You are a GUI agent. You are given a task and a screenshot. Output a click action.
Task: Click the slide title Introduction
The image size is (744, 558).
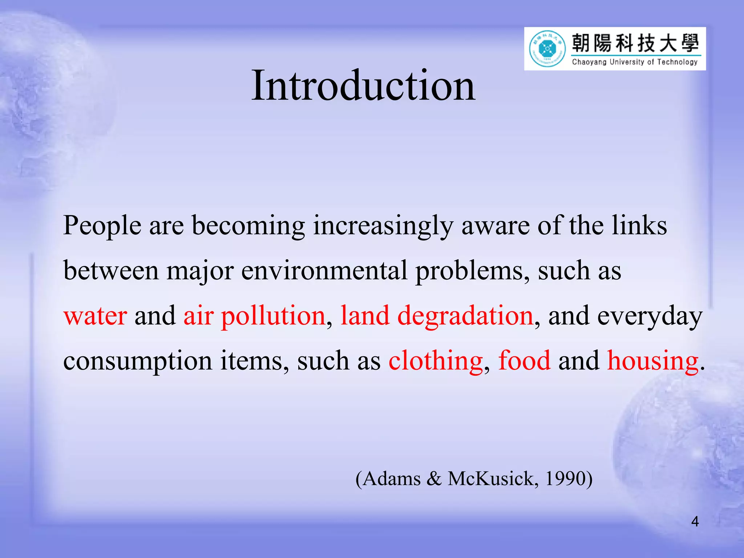363,86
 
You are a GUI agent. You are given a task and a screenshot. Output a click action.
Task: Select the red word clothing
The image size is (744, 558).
435,361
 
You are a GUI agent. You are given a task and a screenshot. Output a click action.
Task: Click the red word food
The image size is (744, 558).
524,361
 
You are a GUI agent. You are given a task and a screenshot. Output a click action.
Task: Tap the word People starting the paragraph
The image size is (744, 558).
102,226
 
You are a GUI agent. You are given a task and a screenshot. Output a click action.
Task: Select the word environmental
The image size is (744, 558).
324,271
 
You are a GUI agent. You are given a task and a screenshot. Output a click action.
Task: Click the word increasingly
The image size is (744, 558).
383,226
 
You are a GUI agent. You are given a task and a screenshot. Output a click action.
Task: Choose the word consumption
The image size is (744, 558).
138,361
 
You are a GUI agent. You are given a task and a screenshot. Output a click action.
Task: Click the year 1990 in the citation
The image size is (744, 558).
565,478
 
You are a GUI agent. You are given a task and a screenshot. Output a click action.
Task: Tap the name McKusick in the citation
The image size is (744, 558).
490,478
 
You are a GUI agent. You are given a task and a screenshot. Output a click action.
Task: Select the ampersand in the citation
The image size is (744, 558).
434,478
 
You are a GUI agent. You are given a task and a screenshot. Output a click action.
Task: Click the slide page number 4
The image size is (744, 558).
695,522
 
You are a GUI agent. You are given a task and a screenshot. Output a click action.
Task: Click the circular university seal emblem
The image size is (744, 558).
547,49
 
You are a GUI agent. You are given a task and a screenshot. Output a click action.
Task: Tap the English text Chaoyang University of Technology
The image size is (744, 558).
635,62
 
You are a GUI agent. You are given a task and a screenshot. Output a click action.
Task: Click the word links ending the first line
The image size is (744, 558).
639,226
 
